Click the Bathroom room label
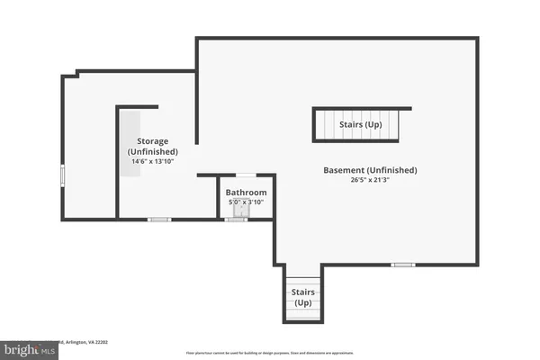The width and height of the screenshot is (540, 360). (x=246, y=193)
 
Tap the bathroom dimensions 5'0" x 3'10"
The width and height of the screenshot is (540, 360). (x=246, y=202)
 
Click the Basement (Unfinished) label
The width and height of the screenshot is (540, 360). (x=370, y=170)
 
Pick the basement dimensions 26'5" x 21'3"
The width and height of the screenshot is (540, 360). (x=370, y=180)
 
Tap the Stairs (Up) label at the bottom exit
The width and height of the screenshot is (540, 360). (x=301, y=298)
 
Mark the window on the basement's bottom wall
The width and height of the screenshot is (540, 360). (x=402, y=264)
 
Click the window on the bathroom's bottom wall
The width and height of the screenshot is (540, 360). (x=236, y=219)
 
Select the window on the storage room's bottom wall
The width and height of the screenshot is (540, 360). (x=159, y=219)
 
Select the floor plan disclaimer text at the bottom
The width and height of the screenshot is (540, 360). (x=269, y=353)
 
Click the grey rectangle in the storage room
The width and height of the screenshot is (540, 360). (x=130, y=144)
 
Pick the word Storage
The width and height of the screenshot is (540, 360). (x=152, y=141)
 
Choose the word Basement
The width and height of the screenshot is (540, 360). (x=345, y=170)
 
